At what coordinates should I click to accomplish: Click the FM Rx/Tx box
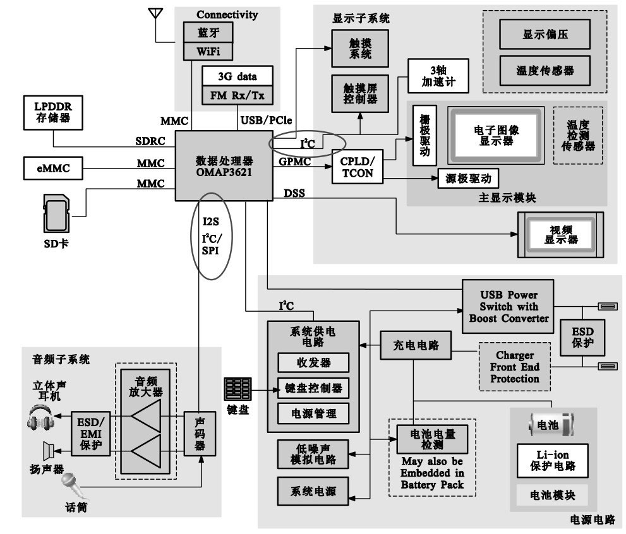point(236,95)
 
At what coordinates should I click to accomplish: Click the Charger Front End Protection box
point(514,367)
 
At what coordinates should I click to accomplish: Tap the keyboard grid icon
point(238,389)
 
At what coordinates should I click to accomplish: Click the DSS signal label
point(294,193)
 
